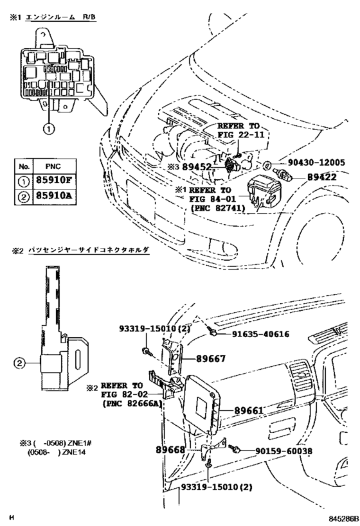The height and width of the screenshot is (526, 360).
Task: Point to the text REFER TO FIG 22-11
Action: (x=238, y=132)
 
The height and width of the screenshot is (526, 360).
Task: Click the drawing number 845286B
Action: (x=335, y=517)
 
